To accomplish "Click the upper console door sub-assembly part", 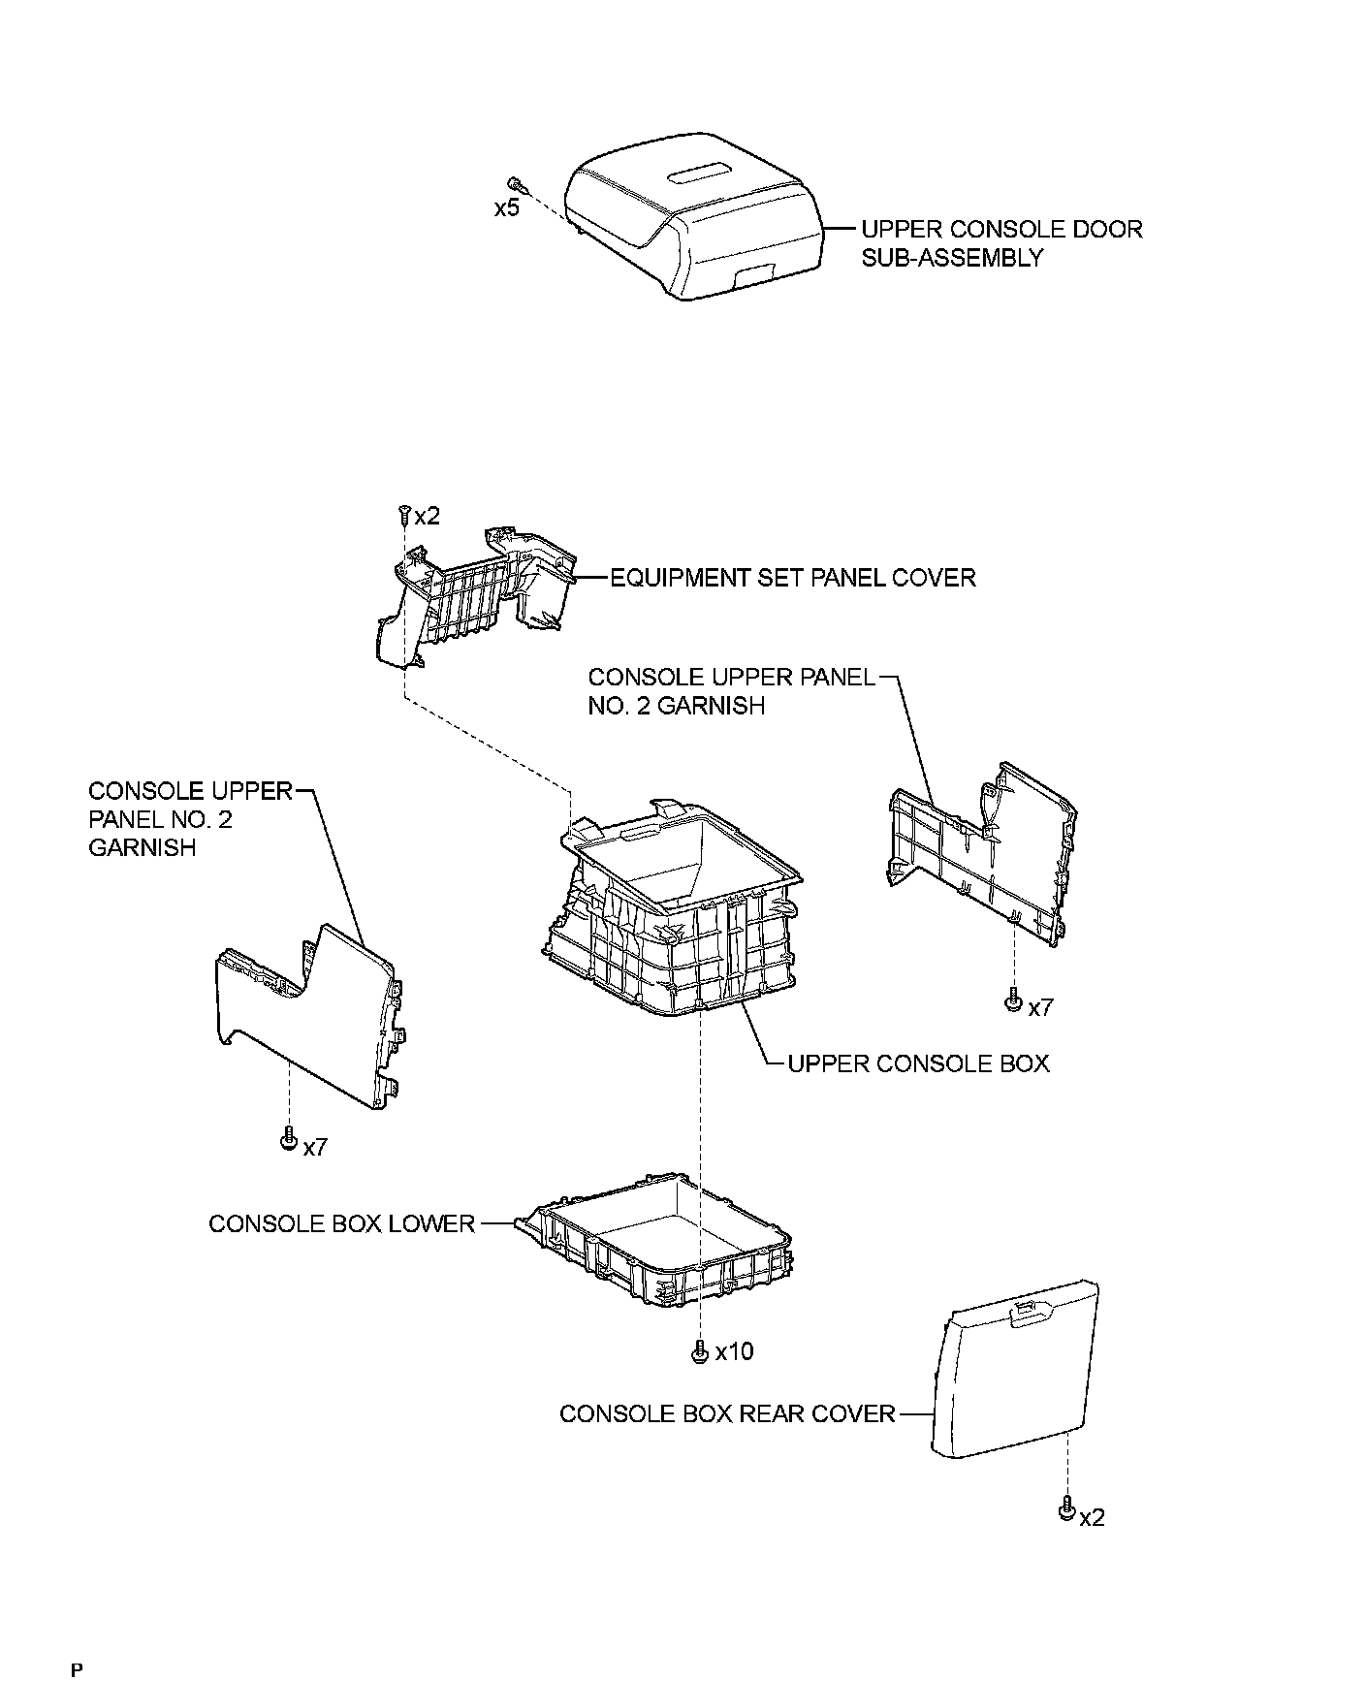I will click(x=693, y=228).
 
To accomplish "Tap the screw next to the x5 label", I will click(x=516, y=183).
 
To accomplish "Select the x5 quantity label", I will click(x=507, y=208).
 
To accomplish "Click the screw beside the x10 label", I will click(x=699, y=1351).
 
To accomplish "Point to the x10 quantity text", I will click(x=734, y=1351).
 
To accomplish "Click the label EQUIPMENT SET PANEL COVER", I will click(x=792, y=578).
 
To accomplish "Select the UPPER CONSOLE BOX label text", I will click(x=918, y=1063).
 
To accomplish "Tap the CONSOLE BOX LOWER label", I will click(x=342, y=1223).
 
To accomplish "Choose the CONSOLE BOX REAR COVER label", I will click(x=727, y=1413).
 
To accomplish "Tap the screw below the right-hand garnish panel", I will click(x=1013, y=1000).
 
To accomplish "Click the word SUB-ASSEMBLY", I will click(x=952, y=258).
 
